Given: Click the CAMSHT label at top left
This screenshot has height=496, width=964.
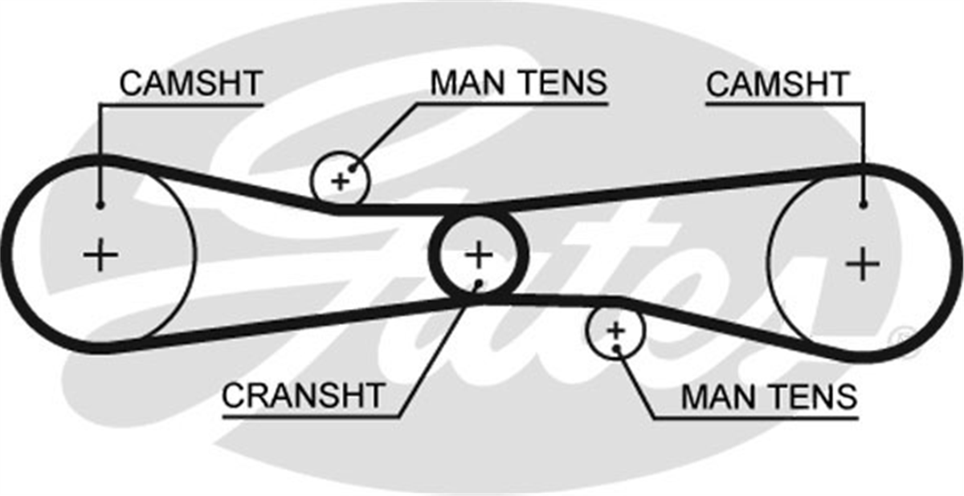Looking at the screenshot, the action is click(x=191, y=83).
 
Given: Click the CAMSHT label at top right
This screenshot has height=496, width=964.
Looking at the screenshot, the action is click(x=778, y=83).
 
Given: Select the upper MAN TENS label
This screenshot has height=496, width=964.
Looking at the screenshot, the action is click(x=519, y=83).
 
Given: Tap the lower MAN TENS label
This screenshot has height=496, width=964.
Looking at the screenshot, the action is click(x=770, y=396).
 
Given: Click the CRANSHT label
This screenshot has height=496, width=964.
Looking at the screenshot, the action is click(x=303, y=396).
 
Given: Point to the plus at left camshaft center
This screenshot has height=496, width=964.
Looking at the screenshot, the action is click(x=100, y=255).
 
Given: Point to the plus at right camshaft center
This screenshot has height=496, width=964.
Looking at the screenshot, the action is click(x=863, y=264).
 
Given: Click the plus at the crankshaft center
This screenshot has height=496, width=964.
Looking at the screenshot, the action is click(x=479, y=255).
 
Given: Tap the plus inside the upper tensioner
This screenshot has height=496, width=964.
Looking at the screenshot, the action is click(x=341, y=182).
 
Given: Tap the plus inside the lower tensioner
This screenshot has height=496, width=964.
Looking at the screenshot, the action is click(x=615, y=331).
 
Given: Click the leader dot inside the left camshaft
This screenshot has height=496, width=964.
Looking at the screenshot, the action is click(x=100, y=206).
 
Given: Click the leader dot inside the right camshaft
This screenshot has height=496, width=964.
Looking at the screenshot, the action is click(x=863, y=205).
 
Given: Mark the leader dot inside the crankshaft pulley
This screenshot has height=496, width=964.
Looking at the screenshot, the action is click(x=479, y=283).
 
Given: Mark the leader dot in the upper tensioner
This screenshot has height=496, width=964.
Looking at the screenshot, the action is click(x=353, y=169).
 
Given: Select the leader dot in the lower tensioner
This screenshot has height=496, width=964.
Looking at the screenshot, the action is click(x=616, y=348).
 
